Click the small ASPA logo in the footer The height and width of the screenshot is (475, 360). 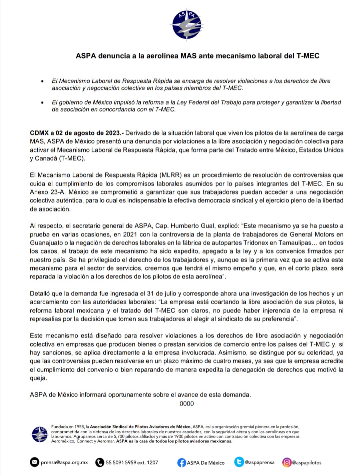pyautogui.click(x=40, y=434)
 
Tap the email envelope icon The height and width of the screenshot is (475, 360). pyautogui.click(x=34, y=462)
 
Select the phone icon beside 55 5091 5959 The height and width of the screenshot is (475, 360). pyautogui.click(x=100, y=462)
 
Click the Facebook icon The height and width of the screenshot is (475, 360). pyautogui.click(x=181, y=463)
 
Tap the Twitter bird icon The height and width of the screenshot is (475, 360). pyautogui.click(x=239, y=462)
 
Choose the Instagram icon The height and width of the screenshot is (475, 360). pyautogui.click(x=287, y=462)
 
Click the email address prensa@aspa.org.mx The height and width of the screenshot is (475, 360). pyautogui.click(x=64, y=463)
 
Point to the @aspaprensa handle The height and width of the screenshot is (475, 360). pyautogui.click(x=260, y=462)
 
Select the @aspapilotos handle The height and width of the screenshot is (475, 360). pyautogui.click(x=307, y=463)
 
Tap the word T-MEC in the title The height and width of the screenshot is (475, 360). pyautogui.click(x=308, y=56)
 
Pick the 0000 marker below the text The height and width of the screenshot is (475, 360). pyautogui.click(x=187, y=404)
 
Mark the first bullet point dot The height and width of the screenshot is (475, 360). pyautogui.click(x=42, y=81)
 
